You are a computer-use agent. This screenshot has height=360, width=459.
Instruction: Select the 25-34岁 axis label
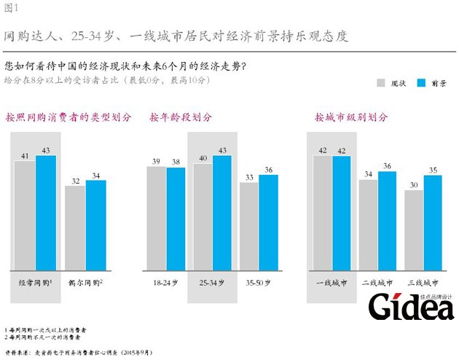213,281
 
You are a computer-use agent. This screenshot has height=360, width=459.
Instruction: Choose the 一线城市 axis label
331,281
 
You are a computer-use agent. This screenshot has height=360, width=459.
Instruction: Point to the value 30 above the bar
414,184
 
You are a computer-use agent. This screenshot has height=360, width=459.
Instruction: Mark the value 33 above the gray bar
249,176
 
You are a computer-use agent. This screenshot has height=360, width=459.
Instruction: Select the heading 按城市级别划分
351,117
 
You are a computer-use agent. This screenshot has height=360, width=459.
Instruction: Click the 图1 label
10,8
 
